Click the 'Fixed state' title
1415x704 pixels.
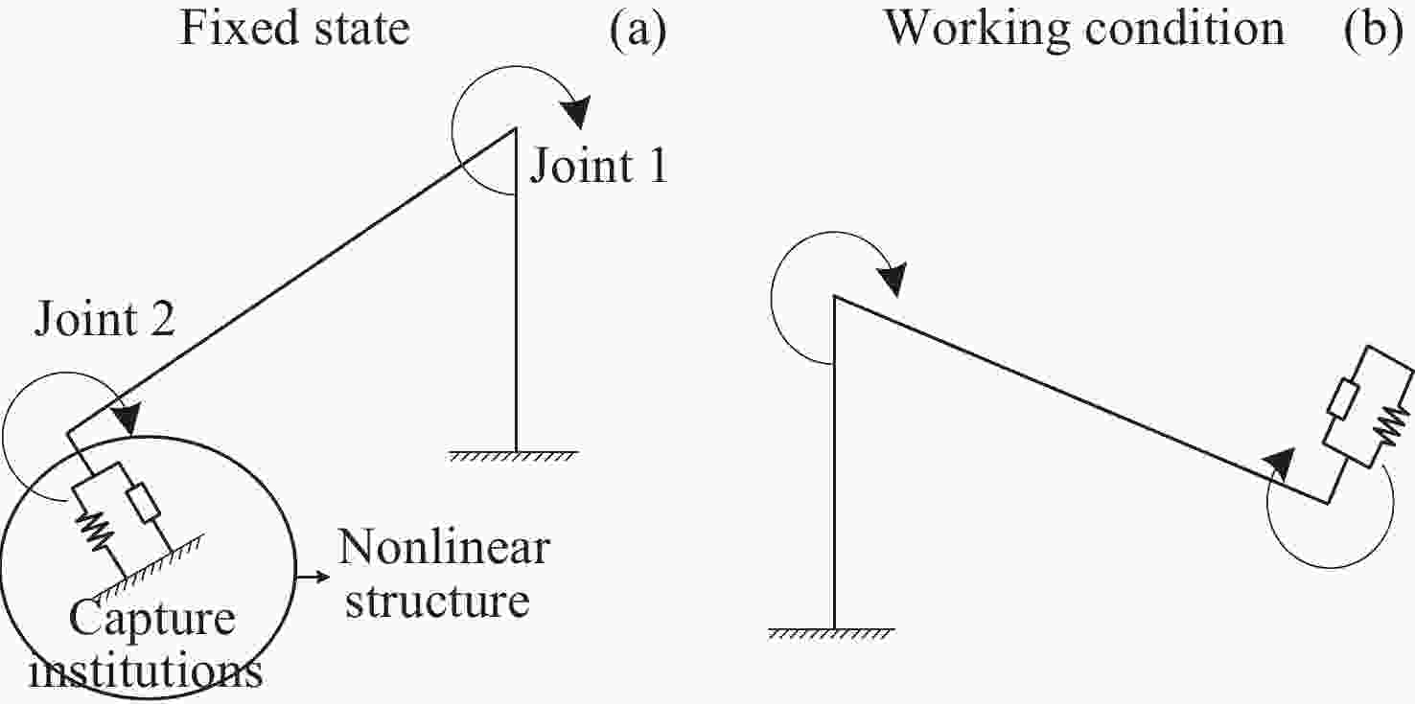pos(295,28)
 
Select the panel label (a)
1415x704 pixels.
pos(637,30)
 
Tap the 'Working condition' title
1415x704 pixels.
pos(1083,28)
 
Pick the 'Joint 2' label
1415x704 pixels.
pos(105,319)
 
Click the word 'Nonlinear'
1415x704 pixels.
pos(443,549)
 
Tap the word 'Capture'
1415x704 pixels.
pos(152,622)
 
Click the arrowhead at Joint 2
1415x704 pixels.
pos(125,419)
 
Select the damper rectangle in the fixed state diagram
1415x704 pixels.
pos(146,504)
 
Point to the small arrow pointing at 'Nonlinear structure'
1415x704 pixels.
pos(313,578)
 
